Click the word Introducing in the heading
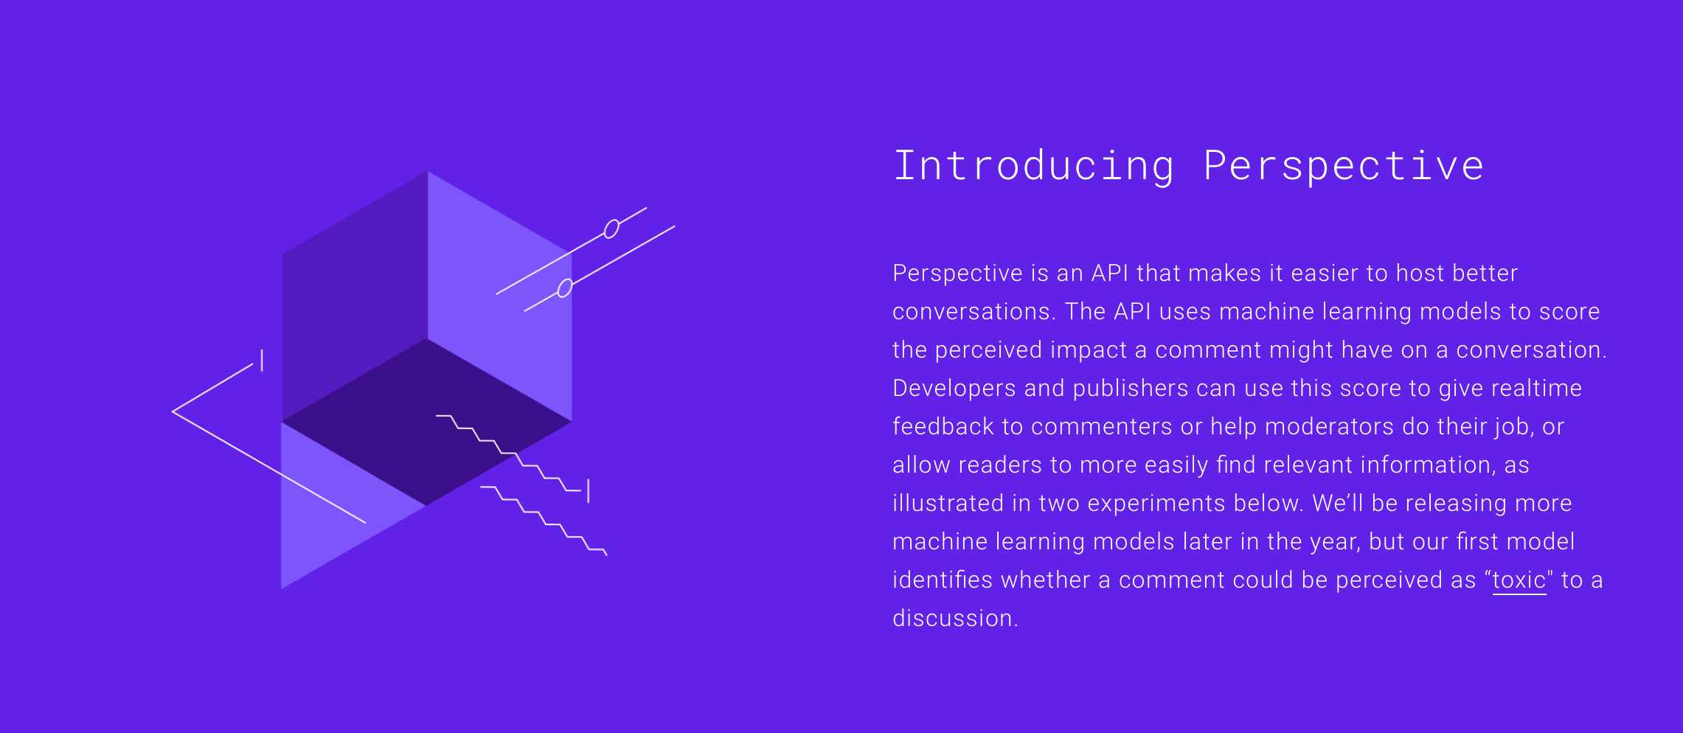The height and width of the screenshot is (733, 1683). coord(1033,165)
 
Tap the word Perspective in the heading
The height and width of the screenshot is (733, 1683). coord(1343,167)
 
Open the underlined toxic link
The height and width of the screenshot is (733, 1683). coord(1519,580)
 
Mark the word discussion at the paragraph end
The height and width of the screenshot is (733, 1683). coord(955,618)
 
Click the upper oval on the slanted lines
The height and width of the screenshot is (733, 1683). coord(611,229)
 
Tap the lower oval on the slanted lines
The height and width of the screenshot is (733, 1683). coord(565,288)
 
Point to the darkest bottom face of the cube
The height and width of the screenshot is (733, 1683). coord(427,422)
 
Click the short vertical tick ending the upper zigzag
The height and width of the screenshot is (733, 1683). coord(588,491)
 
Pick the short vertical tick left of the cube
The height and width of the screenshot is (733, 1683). coord(262,361)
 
